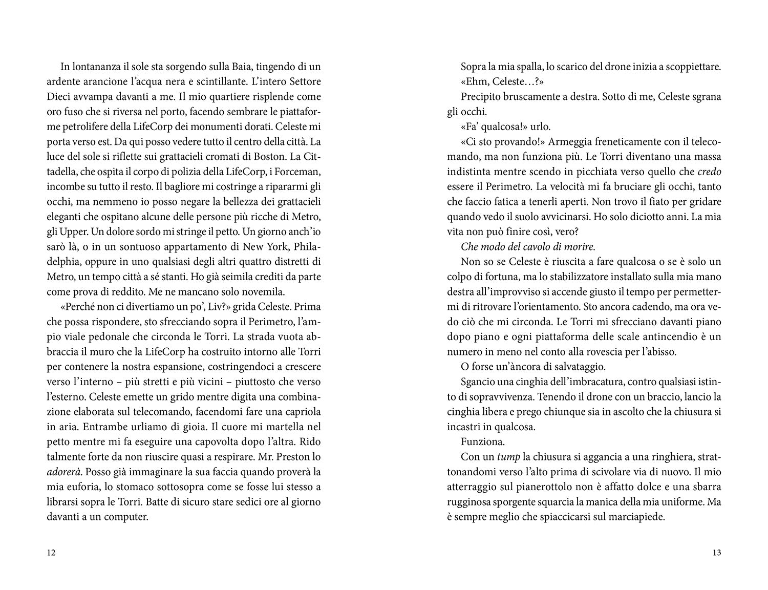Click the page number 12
point(51,553)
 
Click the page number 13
point(716,553)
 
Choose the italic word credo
point(709,172)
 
